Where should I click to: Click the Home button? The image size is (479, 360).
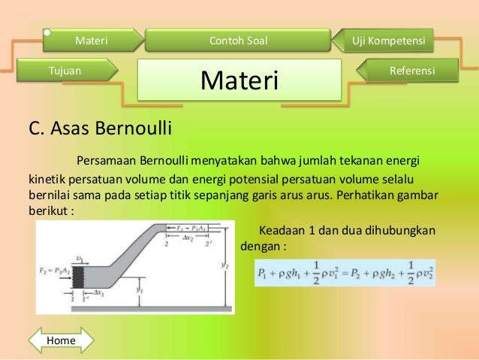point(62,340)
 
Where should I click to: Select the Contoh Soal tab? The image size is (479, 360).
point(237,39)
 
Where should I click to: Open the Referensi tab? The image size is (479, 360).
point(411,71)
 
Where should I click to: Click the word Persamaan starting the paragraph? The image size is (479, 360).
point(105,160)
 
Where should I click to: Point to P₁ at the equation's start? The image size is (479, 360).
point(263,274)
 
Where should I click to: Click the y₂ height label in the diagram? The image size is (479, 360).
point(226,265)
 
